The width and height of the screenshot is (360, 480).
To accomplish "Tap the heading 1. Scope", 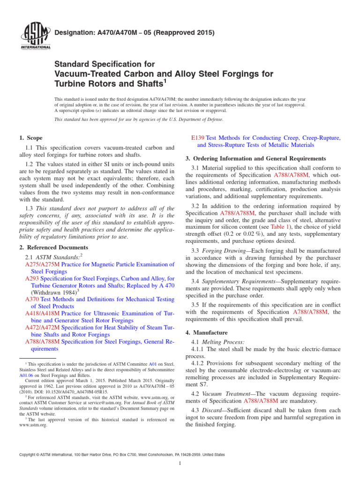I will tap(30, 138).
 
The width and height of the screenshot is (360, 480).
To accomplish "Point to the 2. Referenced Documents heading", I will tap(53, 247).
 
